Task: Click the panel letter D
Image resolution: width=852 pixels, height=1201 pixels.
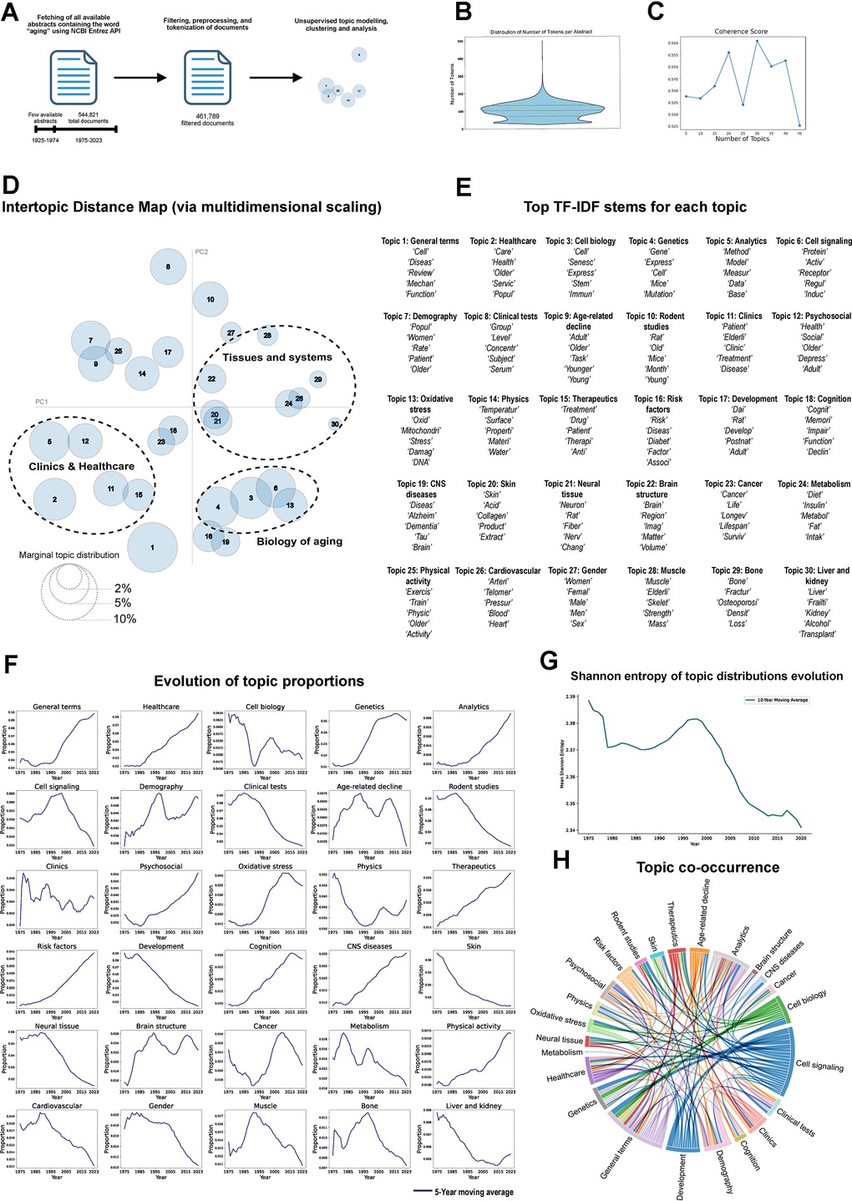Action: tap(11, 185)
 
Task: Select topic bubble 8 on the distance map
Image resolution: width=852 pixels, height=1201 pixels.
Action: tap(168, 266)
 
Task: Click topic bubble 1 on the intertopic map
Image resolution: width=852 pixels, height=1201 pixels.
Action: tap(153, 548)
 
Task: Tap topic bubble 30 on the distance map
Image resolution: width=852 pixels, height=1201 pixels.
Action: tap(335, 424)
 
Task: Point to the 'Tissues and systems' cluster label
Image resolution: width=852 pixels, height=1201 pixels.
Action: tap(276, 357)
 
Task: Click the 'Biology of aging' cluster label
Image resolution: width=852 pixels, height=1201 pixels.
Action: tap(299, 541)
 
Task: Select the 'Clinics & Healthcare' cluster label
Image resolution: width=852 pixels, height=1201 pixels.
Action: tap(81, 466)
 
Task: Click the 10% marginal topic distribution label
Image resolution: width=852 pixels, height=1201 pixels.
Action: tap(125, 619)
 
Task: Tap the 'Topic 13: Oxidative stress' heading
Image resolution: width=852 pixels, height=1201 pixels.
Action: tap(420, 404)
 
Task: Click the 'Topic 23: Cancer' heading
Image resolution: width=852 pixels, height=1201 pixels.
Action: tap(733, 484)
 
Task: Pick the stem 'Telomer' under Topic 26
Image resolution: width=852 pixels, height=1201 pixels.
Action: tap(498, 591)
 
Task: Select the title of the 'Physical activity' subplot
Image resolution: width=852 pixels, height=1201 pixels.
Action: tap(473, 1026)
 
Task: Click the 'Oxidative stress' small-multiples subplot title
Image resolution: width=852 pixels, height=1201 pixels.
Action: tap(265, 866)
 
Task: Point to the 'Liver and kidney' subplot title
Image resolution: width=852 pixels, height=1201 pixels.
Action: tap(473, 1106)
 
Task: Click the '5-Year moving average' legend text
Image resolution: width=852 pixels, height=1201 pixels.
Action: tap(474, 1192)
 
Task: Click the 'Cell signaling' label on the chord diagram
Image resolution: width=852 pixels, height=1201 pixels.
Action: tap(819, 1066)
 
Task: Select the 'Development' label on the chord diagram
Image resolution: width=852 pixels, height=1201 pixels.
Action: tap(681, 1177)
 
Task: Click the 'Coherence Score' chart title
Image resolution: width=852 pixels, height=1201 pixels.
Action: tap(741, 32)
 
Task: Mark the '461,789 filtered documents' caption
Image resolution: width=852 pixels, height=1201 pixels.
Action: tap(207, 119)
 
